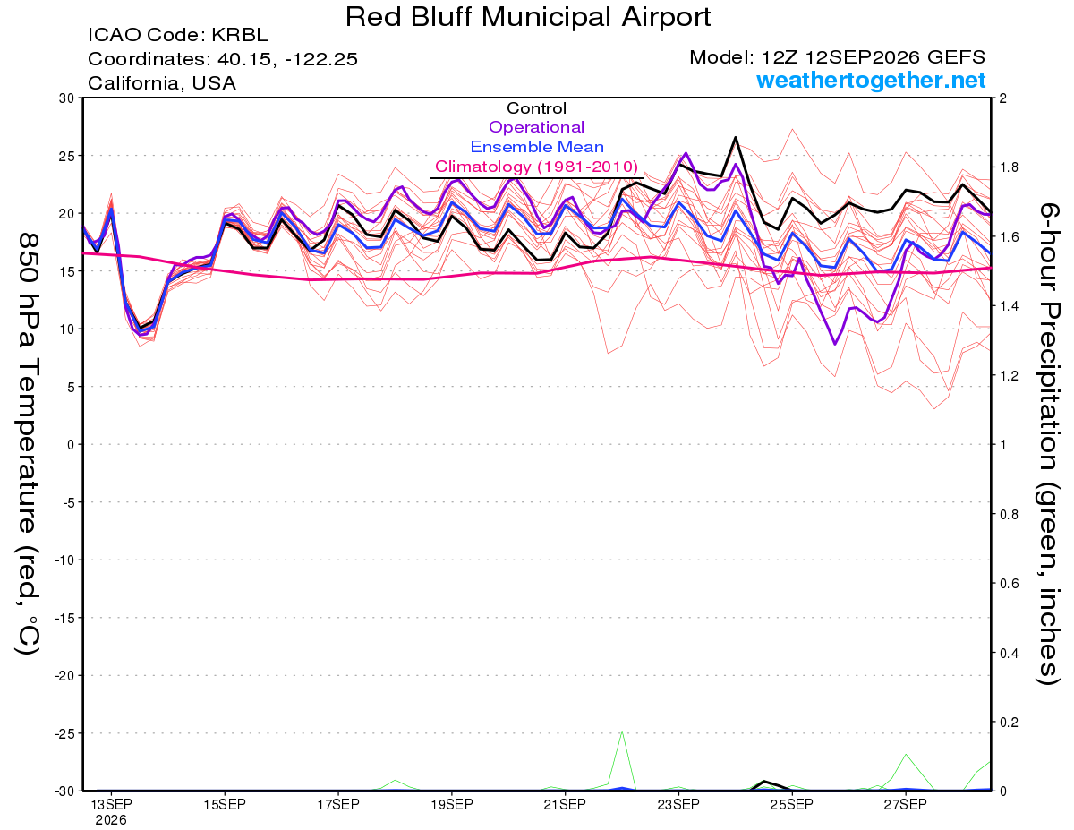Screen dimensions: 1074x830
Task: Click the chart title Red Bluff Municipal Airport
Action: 527,17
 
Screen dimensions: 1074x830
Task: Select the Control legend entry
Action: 536,108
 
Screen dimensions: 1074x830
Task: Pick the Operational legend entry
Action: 536,127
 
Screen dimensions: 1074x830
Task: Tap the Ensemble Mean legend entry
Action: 537,147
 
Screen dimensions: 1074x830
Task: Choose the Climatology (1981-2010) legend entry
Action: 536,167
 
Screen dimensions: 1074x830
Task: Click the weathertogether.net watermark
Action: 871,80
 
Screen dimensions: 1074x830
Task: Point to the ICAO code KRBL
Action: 239,35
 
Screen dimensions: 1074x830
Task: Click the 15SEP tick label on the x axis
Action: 225,805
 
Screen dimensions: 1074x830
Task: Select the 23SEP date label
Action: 678,805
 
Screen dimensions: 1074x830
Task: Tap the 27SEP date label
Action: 905,805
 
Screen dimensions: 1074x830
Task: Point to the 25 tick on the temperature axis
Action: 66,156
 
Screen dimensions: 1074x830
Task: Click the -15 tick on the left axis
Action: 64,618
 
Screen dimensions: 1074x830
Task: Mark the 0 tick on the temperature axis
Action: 71,445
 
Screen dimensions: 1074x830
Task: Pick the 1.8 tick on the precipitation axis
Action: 1006,167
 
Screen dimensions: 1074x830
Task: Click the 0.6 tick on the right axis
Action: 1006,583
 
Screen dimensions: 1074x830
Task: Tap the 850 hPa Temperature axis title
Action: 28,443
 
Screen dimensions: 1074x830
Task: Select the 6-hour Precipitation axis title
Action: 1048,443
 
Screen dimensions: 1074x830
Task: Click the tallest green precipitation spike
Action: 622,731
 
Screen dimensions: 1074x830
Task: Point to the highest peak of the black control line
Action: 735,137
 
